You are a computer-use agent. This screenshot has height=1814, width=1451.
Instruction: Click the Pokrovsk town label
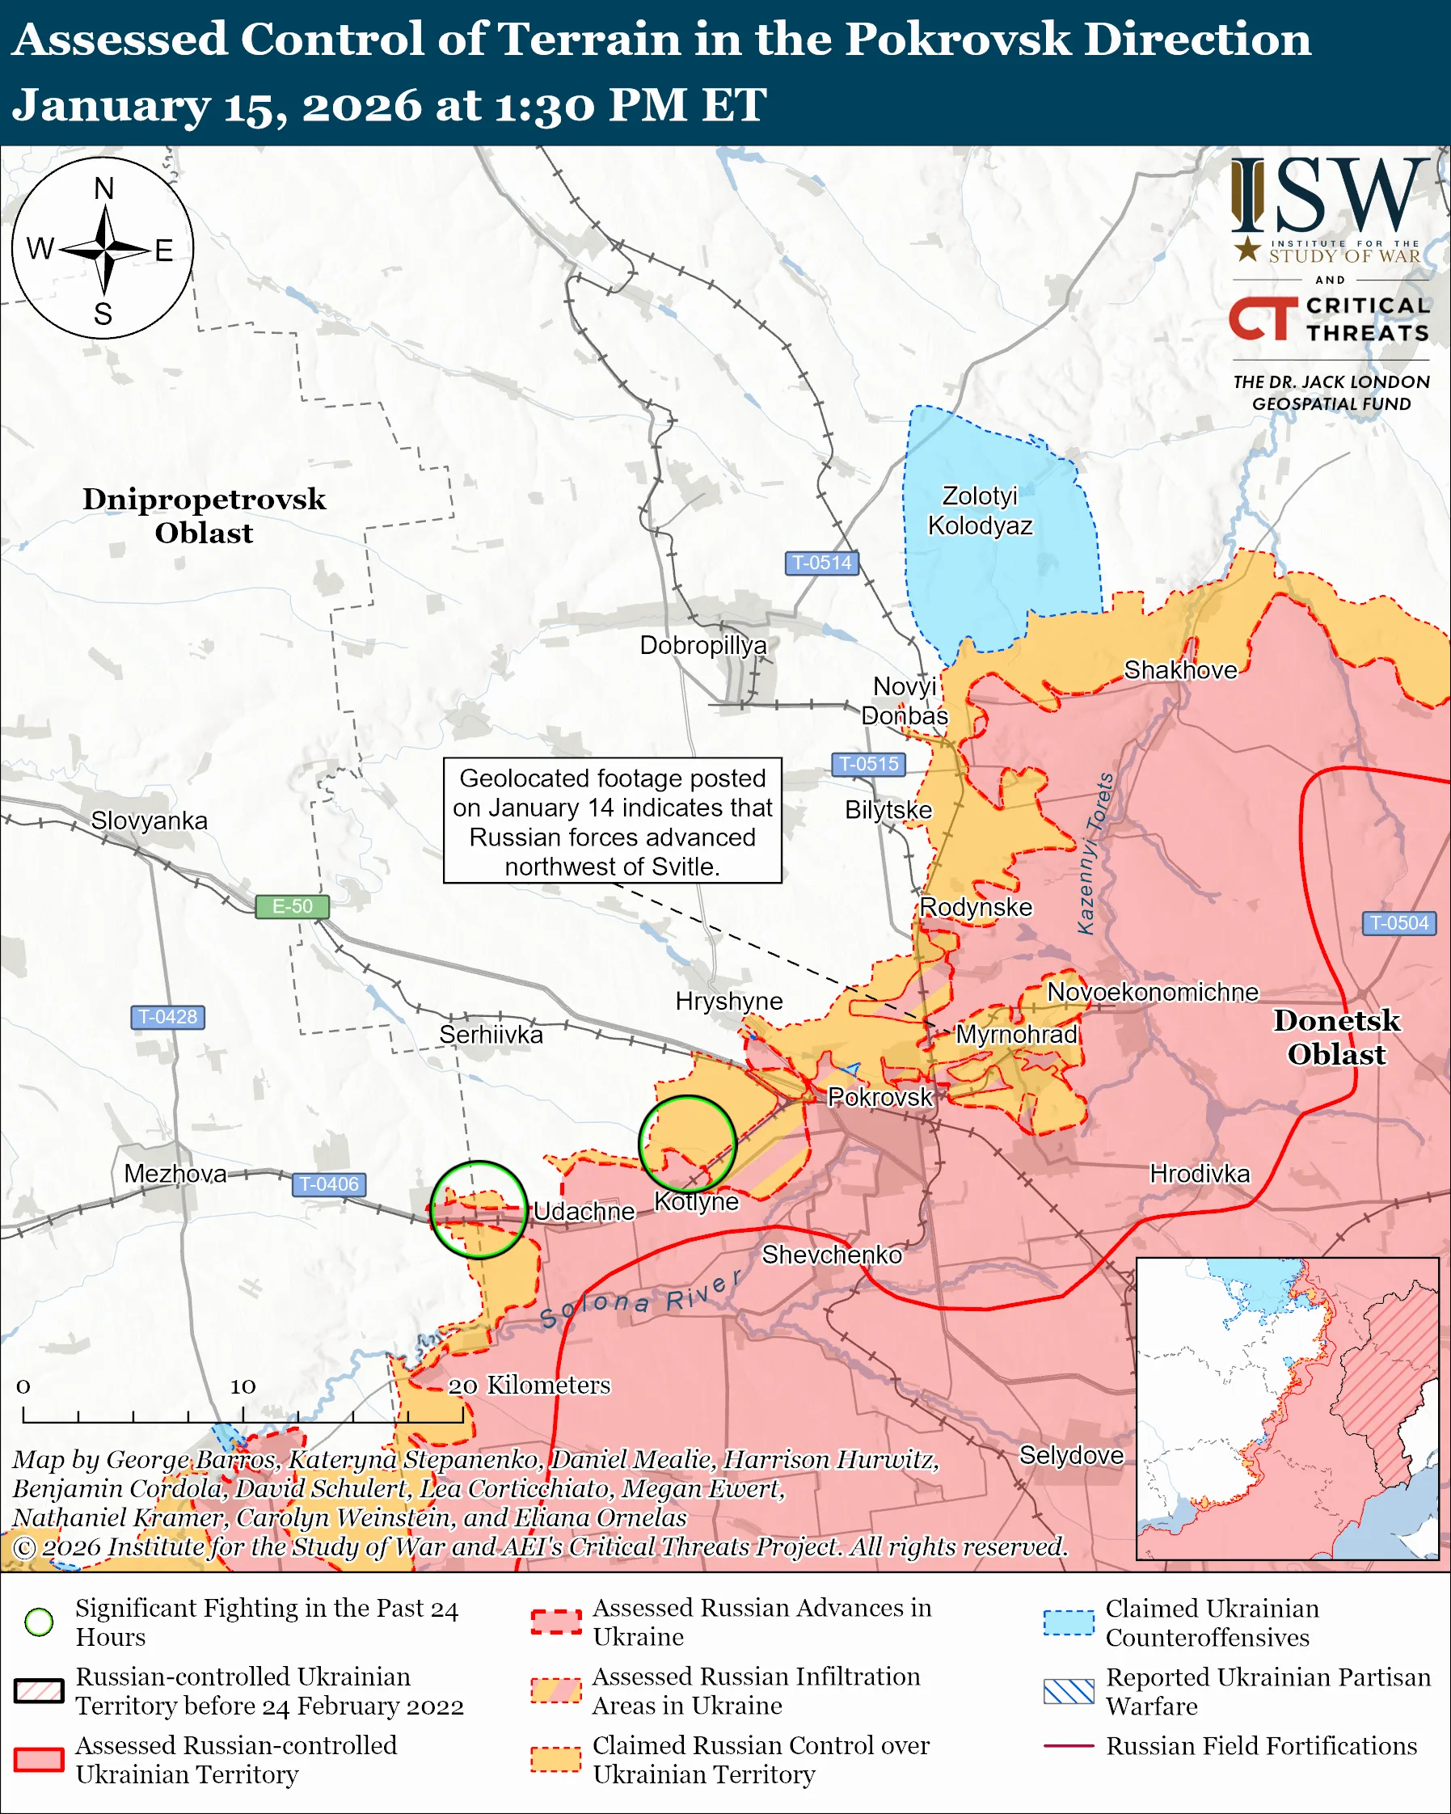[879, 1096]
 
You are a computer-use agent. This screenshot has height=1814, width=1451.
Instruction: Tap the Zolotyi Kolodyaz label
[980, 511]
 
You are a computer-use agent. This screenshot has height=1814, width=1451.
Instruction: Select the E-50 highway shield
[292, 906]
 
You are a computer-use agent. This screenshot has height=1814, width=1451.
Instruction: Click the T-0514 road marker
[822, 562]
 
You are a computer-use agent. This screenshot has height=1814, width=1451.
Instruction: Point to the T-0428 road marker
[167, 1016]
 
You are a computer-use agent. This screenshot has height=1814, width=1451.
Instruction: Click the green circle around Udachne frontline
[479, 1210]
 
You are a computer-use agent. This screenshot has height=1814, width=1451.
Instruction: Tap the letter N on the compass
[103, 188]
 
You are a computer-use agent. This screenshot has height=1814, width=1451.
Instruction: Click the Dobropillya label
[703, 645]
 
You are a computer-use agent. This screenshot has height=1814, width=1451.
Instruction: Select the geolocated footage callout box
[613, 821]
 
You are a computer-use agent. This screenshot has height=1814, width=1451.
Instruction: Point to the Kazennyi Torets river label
[1096, 853]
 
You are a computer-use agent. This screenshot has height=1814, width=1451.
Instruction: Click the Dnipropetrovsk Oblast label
[204, 516]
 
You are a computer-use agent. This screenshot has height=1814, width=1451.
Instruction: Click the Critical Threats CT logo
[1263, 318]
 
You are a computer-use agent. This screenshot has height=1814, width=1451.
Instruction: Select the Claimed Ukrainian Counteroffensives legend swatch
[1069, 1623]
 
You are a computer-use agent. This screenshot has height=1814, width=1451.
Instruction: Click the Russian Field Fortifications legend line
[1069, 1746]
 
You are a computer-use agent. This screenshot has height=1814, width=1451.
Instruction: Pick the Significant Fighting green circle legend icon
[40, 1622]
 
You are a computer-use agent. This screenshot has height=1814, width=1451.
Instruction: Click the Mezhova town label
[175, 1174]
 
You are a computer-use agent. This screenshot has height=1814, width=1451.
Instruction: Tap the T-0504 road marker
[1398, 923]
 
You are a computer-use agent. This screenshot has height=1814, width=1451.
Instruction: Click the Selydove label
[1071, 1455]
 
